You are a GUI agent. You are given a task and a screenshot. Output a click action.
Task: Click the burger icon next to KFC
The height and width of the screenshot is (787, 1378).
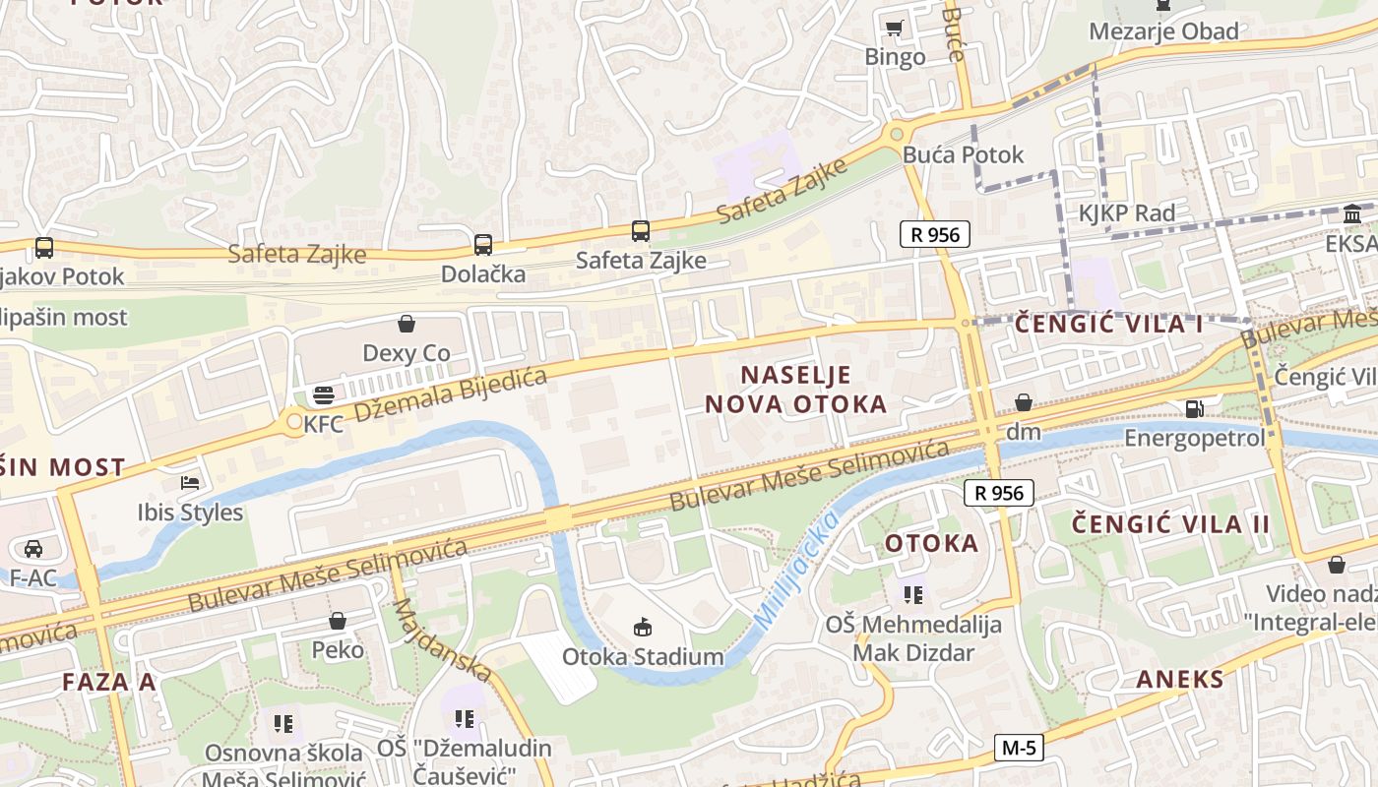pos(324,395)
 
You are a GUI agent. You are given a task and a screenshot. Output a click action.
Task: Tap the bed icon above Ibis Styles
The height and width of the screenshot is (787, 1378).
pos(190,483)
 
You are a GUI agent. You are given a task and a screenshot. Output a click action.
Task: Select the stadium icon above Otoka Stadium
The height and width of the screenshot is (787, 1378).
pos(643,627)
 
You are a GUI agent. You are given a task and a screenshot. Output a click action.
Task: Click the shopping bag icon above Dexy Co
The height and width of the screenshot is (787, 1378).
pos(407,323)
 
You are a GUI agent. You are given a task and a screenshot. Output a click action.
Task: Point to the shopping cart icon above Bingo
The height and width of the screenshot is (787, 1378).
pos(894,28)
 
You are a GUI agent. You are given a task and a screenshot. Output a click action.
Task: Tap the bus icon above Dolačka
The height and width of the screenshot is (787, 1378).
pos(482,245)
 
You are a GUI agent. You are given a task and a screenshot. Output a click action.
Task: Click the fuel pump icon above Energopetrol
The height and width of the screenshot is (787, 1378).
pos(1194,407)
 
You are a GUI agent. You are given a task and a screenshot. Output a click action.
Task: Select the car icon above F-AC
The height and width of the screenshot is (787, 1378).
pos(33,548)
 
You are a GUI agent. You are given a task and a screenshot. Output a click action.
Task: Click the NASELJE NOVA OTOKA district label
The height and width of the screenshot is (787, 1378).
pos(794,389)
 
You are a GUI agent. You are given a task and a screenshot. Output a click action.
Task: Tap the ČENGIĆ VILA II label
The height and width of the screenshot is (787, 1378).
pos(1171,523)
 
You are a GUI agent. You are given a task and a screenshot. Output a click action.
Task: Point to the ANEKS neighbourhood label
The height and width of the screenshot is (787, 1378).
pos(1180,679)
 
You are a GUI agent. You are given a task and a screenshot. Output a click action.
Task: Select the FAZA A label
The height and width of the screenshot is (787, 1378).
pos(108,682)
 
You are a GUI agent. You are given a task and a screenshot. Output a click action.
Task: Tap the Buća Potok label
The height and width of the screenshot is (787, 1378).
pos(963,154)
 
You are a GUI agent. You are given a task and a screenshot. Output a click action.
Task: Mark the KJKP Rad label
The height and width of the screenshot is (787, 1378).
pos(1127,212)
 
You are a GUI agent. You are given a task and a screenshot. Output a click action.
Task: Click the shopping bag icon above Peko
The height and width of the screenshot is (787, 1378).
pos(338,621)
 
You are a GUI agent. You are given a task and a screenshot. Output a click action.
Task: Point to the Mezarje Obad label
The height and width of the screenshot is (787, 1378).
pos(1163,31)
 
